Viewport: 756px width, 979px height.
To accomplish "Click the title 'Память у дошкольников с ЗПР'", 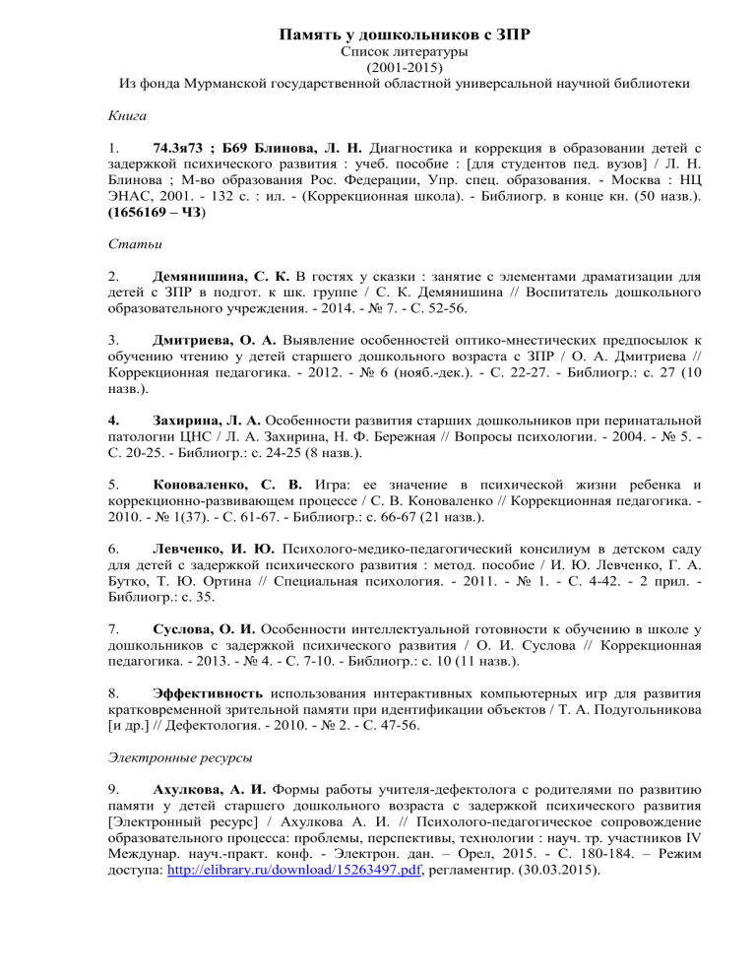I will [x=378, y=36].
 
